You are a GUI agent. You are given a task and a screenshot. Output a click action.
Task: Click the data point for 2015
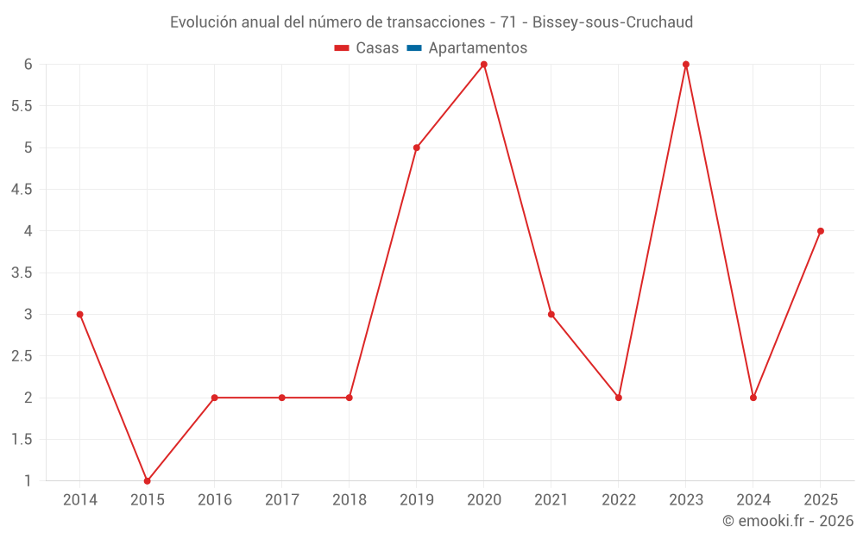coord(147,481)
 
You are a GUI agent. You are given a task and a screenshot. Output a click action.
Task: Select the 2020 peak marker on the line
coord(484,64)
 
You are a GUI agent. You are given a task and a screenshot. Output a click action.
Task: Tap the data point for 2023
coord(686,64)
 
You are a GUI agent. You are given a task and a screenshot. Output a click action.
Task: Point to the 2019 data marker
coord(417,147)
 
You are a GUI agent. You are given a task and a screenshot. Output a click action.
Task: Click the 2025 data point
coord(821,231)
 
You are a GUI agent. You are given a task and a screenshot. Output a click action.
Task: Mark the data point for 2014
coord(79,315)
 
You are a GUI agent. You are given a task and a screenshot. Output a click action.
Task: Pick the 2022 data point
coord(619,398)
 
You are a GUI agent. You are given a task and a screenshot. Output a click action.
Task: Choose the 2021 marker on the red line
coord(551,315)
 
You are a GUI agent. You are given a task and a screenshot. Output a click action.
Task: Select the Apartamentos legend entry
coord(477,48)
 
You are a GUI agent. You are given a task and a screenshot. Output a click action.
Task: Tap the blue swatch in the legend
coord(414,48)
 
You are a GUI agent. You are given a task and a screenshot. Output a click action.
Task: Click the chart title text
coord(431,22)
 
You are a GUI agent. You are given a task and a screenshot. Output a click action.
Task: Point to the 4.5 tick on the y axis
coord(22,190)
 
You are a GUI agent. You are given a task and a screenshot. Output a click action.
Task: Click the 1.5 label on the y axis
coord(22,440)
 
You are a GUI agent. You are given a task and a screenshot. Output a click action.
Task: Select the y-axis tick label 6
coord(28,64)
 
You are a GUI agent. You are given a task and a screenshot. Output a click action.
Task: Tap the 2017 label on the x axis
coord(282,500)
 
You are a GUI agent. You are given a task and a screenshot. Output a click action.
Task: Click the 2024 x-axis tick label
coord(753,500)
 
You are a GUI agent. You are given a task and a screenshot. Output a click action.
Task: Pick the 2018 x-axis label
coord(350,500)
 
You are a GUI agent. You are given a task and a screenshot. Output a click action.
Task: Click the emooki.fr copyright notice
coord(787,521)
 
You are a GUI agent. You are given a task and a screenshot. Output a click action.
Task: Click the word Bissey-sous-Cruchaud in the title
coord(613,22)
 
